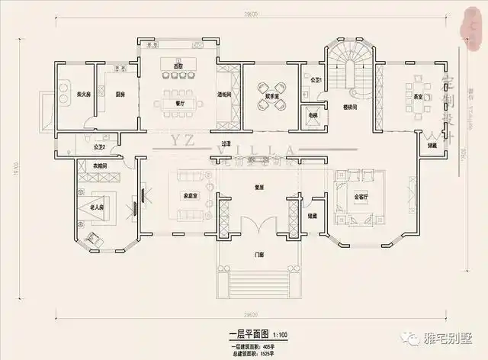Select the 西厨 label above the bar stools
click(178, 67)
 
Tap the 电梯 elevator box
click(313, 114)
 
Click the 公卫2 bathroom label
click(98, 146)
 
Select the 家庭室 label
click(191, 195)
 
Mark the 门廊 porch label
click(259, 254)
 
